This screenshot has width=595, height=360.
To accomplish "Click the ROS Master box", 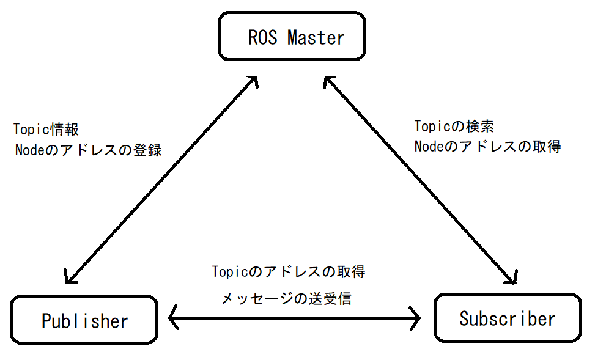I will click(292, 38).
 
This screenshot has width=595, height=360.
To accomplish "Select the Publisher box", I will click(84, 320).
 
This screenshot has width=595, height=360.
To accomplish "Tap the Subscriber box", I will click(507, 318).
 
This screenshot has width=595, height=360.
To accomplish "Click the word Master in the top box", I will click(316, 38).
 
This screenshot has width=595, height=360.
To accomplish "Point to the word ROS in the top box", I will click(263, 38).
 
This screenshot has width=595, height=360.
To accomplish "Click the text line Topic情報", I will click(46, 130).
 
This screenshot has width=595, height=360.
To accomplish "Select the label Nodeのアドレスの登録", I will click(89, 150).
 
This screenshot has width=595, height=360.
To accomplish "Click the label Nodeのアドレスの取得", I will click(487, 147).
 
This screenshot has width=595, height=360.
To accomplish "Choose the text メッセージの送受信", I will click(286, 299).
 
